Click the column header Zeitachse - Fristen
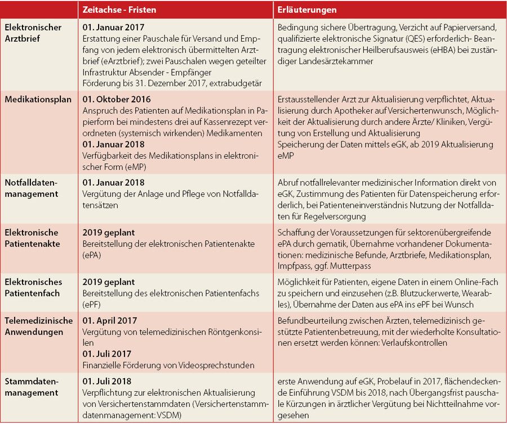click(x=119, y=10)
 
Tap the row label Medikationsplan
click(x=38, y=99)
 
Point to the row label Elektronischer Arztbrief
click(x=33, y=32)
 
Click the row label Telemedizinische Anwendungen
click(x=38, y=326)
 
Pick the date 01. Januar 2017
click(x=114, y=27)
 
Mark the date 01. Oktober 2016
click(x=116, y=99)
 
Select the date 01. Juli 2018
click(x=107, y=382)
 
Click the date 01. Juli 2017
click(x=107, y=353)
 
